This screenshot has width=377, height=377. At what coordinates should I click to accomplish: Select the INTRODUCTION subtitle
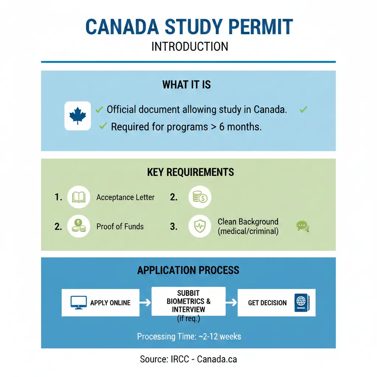click(x=190, y=47)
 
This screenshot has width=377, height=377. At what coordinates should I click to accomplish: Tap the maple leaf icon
click(x=77, y=116)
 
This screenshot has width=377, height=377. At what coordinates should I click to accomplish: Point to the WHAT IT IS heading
click(x=187, y=85)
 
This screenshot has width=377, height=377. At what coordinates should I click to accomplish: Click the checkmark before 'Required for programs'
click(x=103, y=127)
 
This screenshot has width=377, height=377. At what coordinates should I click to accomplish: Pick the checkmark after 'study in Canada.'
click(x=303, y=109)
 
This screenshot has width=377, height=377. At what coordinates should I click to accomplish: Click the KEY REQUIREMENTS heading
click(x=190, y=172)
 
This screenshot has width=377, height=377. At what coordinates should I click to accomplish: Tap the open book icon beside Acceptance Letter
click(x=79, y=197)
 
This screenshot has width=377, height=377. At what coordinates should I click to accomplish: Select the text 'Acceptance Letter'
click(x=125, y=197)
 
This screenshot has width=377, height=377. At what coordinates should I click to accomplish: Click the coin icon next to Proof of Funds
click(x=79, y=226)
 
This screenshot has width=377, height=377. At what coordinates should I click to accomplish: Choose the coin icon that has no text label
click(x=200, y=197)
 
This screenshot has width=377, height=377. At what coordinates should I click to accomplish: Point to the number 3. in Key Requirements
click(x=174, y=226)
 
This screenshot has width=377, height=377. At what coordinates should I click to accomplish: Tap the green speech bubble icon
click(x=303, y=226)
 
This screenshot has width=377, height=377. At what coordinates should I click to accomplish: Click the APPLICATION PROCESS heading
click(x=188, y=270)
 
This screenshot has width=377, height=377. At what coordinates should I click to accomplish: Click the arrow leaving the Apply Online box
click(x=145, y=303)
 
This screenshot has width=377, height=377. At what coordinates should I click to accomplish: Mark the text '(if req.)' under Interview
click(x=188, y=319)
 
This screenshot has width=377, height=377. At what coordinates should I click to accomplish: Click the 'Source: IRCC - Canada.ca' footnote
click(x=188, y=359)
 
